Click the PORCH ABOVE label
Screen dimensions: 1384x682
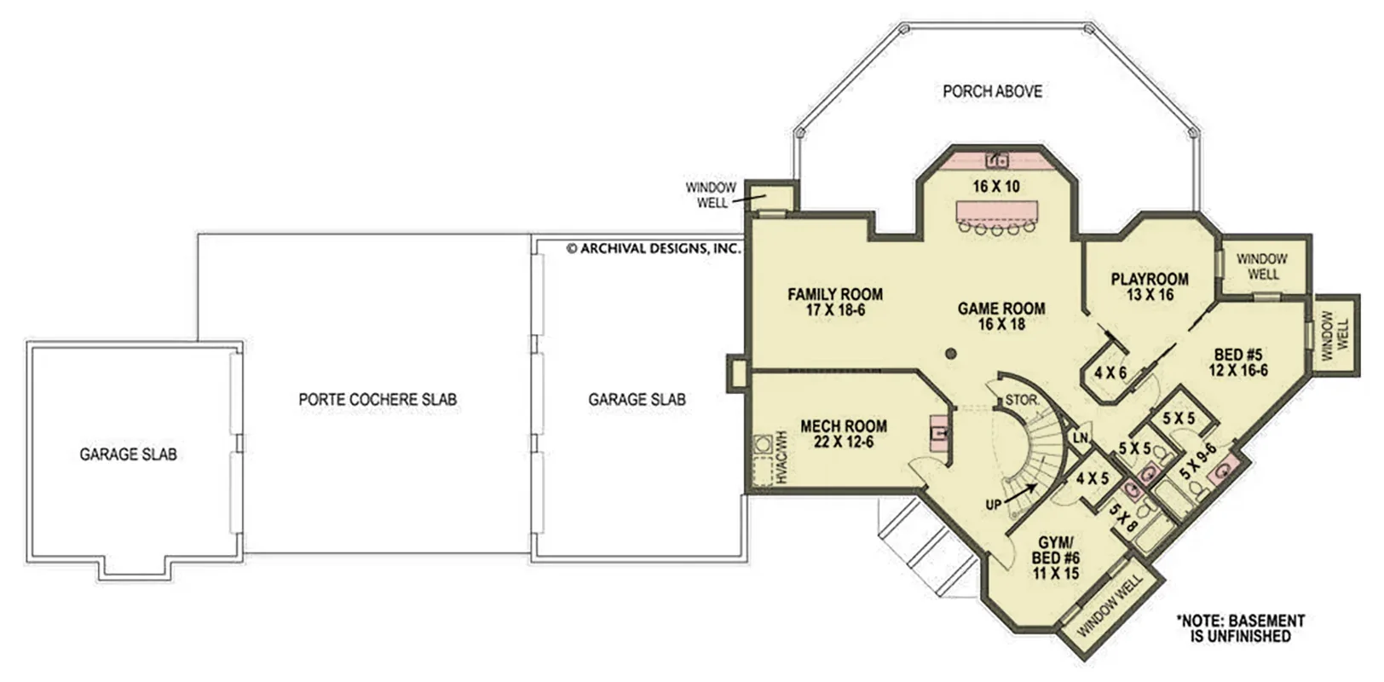992,91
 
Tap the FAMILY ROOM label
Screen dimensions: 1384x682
834,294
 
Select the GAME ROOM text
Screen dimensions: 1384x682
1001,308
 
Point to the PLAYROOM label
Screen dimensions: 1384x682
1150,280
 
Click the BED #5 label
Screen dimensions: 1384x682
1238,355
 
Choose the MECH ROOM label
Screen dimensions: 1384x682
844,426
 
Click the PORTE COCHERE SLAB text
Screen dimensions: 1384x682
378,400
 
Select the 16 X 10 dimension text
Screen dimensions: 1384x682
996,186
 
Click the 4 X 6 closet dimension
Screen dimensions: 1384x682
1110,373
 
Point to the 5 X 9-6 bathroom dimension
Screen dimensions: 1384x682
1198,461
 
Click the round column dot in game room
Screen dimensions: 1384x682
951,354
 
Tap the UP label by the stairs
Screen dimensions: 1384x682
993,506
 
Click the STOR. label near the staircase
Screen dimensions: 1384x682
1023,400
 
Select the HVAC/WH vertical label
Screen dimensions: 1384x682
781,458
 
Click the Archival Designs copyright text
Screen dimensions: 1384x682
653,249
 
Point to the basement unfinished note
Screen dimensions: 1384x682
1241,628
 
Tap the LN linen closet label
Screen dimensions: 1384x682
1080,438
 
